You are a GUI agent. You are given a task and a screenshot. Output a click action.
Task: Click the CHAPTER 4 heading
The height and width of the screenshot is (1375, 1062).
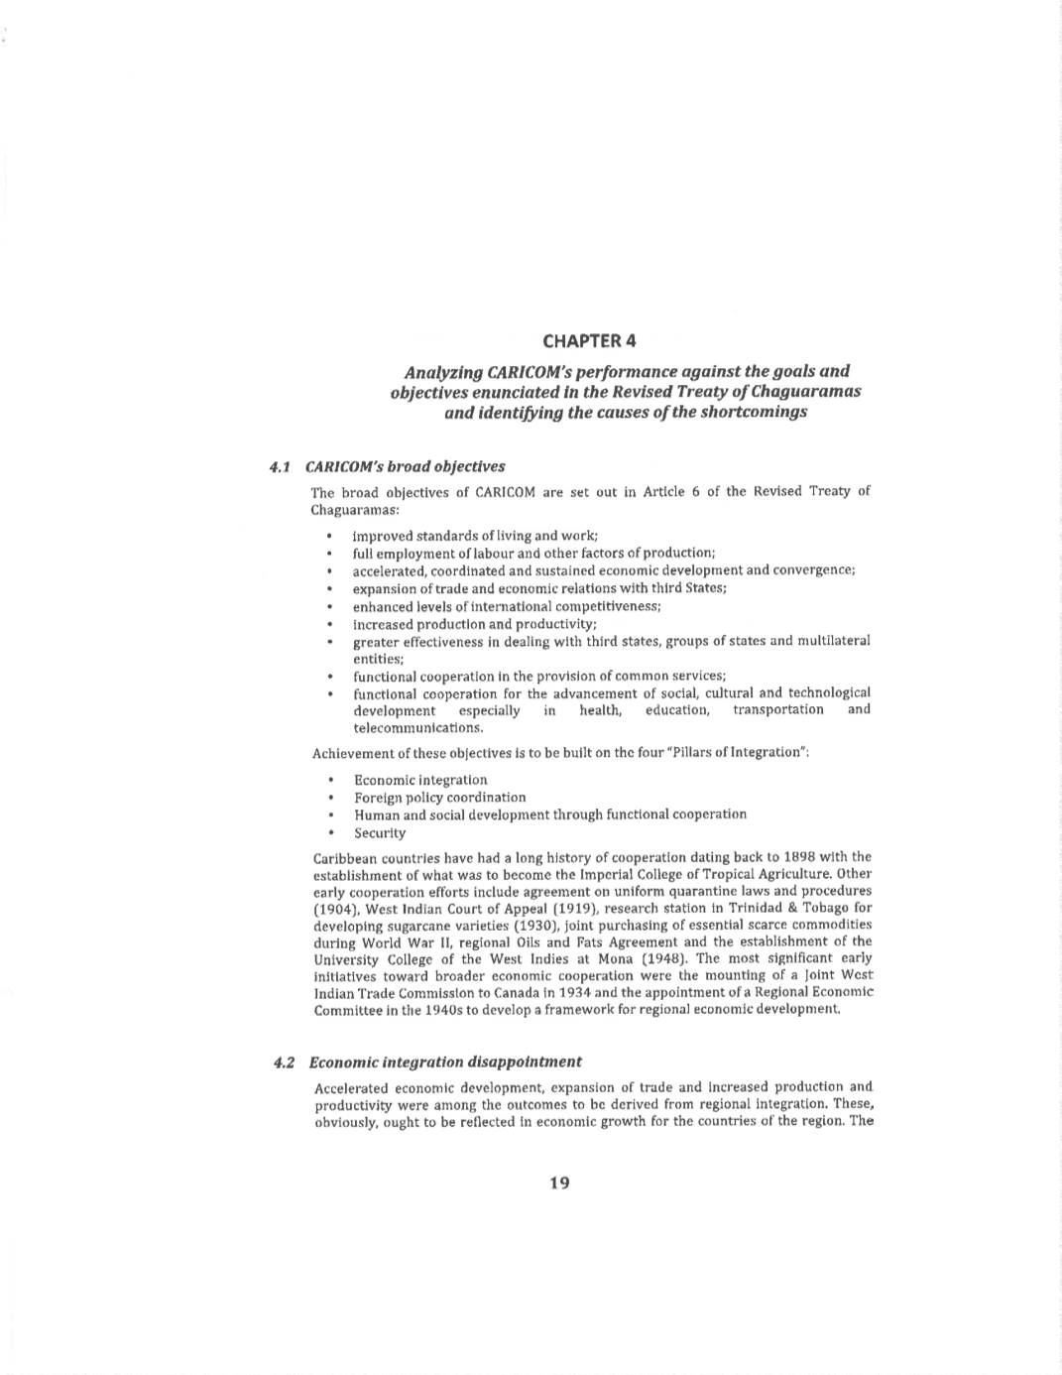589,341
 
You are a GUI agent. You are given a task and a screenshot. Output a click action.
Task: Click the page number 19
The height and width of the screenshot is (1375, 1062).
559,1183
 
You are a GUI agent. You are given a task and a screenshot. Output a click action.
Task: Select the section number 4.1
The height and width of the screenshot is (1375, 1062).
279,466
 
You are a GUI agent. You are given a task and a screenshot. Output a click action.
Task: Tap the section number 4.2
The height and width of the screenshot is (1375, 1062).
285,1062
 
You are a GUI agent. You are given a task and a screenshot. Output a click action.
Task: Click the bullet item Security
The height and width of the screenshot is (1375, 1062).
380,833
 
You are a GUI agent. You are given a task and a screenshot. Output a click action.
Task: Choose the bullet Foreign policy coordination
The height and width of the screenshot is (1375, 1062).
440,798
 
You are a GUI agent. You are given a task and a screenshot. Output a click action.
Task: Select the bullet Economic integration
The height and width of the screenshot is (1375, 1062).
420,781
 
